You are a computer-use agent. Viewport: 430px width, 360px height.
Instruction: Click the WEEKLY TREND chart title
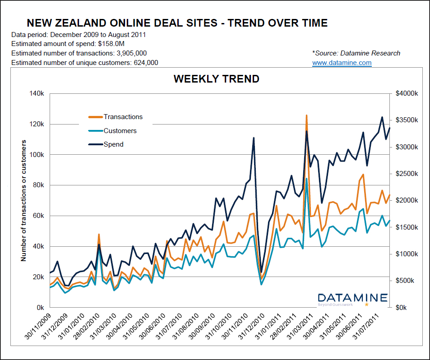coord(216,79)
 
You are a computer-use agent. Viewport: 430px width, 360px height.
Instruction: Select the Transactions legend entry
coord(123,117)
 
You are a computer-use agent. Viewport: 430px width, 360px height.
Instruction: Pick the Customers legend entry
coord(120,131)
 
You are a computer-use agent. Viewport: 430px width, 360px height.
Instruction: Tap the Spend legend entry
coord(113,144)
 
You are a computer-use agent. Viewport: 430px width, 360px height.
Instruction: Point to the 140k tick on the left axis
coord(37,93)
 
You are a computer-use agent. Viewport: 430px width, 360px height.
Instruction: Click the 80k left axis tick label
coord(38,185)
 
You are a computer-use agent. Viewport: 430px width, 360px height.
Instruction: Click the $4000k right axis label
coord(407,93)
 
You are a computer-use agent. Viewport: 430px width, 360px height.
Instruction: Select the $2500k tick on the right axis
coord(407,174)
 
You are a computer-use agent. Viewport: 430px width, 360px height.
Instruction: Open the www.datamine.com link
coord(342,63)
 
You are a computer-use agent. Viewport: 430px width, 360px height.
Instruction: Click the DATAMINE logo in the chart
coord(352,299)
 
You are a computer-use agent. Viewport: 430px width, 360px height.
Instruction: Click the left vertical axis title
coord(23,201)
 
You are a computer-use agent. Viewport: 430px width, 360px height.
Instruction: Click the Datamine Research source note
coord(356,53)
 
